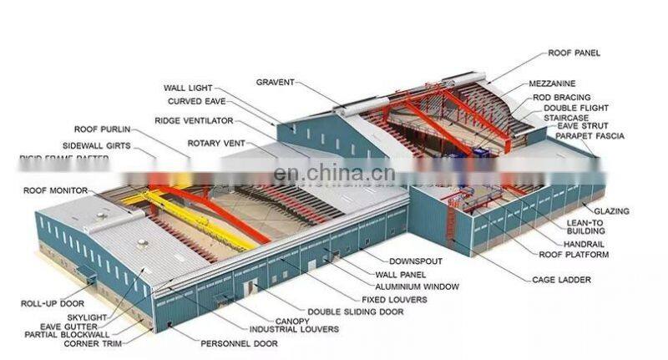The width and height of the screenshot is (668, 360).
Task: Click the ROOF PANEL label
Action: (x=574, y=53)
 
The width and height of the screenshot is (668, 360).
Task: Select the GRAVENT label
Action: (x=276, y=82)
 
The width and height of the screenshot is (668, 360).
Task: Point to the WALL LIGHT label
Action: (x=189, y=87)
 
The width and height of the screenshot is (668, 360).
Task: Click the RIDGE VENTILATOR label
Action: (x=193, y=120)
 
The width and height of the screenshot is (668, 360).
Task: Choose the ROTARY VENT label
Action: (x=215, y=143)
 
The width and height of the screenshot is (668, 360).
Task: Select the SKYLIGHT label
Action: (x=89, y=317)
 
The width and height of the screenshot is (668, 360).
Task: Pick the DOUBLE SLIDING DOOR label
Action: (x=355, y=312)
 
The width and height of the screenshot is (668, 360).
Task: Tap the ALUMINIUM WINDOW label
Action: (x=423, y=286)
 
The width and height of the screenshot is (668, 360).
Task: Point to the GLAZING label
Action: (x=611, y=211)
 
